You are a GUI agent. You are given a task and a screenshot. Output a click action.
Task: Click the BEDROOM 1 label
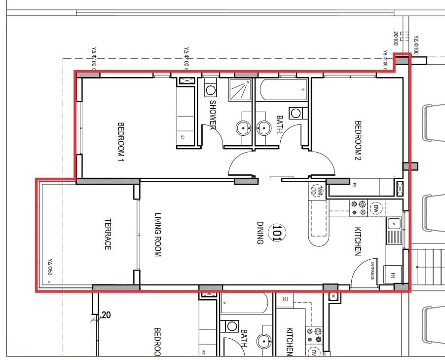[121, 141]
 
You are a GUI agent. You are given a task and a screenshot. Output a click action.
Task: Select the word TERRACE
[108, 235]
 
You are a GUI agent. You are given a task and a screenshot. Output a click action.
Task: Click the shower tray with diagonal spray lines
[239, 90]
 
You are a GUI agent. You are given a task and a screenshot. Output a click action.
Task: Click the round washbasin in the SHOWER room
[243, 128]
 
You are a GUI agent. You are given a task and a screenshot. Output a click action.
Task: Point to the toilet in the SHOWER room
[211, 89]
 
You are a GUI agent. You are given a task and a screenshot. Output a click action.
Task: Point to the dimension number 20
[107, 315]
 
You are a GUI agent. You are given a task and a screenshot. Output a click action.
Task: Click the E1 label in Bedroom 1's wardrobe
[182, 138]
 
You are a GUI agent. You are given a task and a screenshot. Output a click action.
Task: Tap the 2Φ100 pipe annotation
[396, 38]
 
